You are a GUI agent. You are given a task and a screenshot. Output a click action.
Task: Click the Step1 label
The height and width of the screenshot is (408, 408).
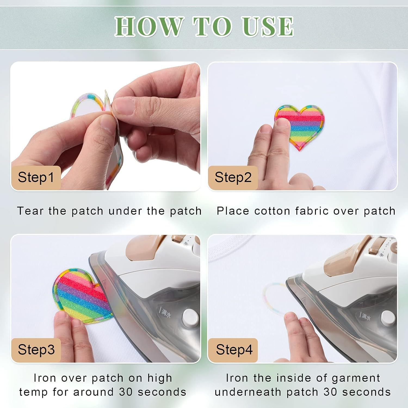tap(36, 177)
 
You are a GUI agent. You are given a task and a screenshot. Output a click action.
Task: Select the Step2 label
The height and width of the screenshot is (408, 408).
tap(233, 177)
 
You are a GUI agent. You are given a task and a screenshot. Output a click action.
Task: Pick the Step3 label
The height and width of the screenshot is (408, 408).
tap(36, 350)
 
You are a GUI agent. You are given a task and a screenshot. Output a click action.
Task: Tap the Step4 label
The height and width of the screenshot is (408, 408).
tap(234, 350)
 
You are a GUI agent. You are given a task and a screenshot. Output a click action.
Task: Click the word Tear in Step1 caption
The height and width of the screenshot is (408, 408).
tap(30, 211)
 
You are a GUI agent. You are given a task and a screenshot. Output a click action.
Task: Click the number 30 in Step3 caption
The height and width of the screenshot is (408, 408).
tap(126, 392)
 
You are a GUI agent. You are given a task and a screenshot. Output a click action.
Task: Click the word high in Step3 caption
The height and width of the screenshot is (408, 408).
tap(160, 378)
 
